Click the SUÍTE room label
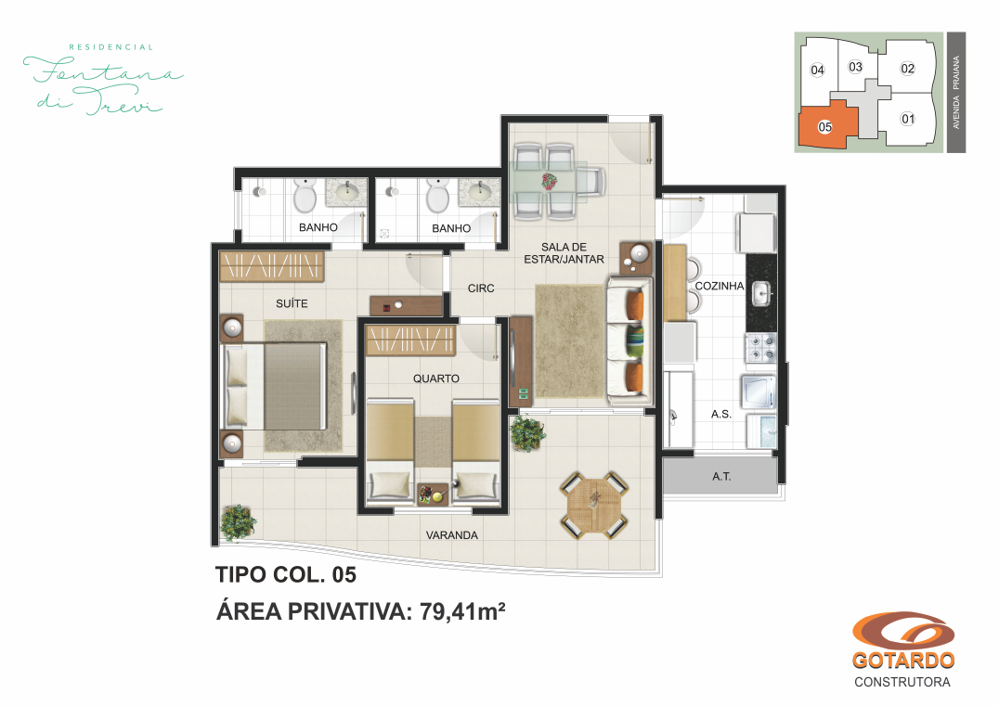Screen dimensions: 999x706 (292, 303)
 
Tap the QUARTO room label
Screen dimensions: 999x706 (435, 379)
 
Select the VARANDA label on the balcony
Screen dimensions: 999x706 (452, 535)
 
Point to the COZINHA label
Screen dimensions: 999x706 (720, 286)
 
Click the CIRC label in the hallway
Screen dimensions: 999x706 (481, 289)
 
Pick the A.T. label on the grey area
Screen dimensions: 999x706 (721, 476)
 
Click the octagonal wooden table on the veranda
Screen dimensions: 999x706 (594, 506)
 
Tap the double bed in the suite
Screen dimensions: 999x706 (274, 386)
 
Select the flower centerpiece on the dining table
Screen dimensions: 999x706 (550, 182)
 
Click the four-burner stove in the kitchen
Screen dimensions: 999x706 (760, 348)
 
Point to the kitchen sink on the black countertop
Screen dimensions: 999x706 (762, 293)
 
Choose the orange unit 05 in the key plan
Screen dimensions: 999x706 (825, 124)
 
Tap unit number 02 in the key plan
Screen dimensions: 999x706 (907, 69)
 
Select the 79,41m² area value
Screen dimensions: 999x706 (462, 611)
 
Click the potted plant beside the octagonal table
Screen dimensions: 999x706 (528, 433)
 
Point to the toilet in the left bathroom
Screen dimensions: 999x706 (305, 195)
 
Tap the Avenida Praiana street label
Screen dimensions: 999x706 (955, 92)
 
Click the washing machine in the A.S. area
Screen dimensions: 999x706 (759, 392)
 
